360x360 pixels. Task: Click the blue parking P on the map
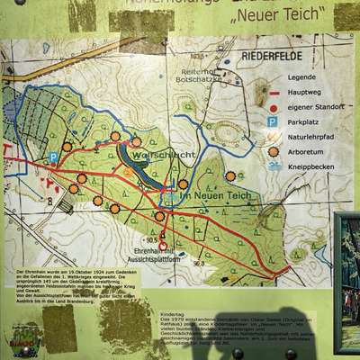[53, 157]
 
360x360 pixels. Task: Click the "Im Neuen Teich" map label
[208, 195]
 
